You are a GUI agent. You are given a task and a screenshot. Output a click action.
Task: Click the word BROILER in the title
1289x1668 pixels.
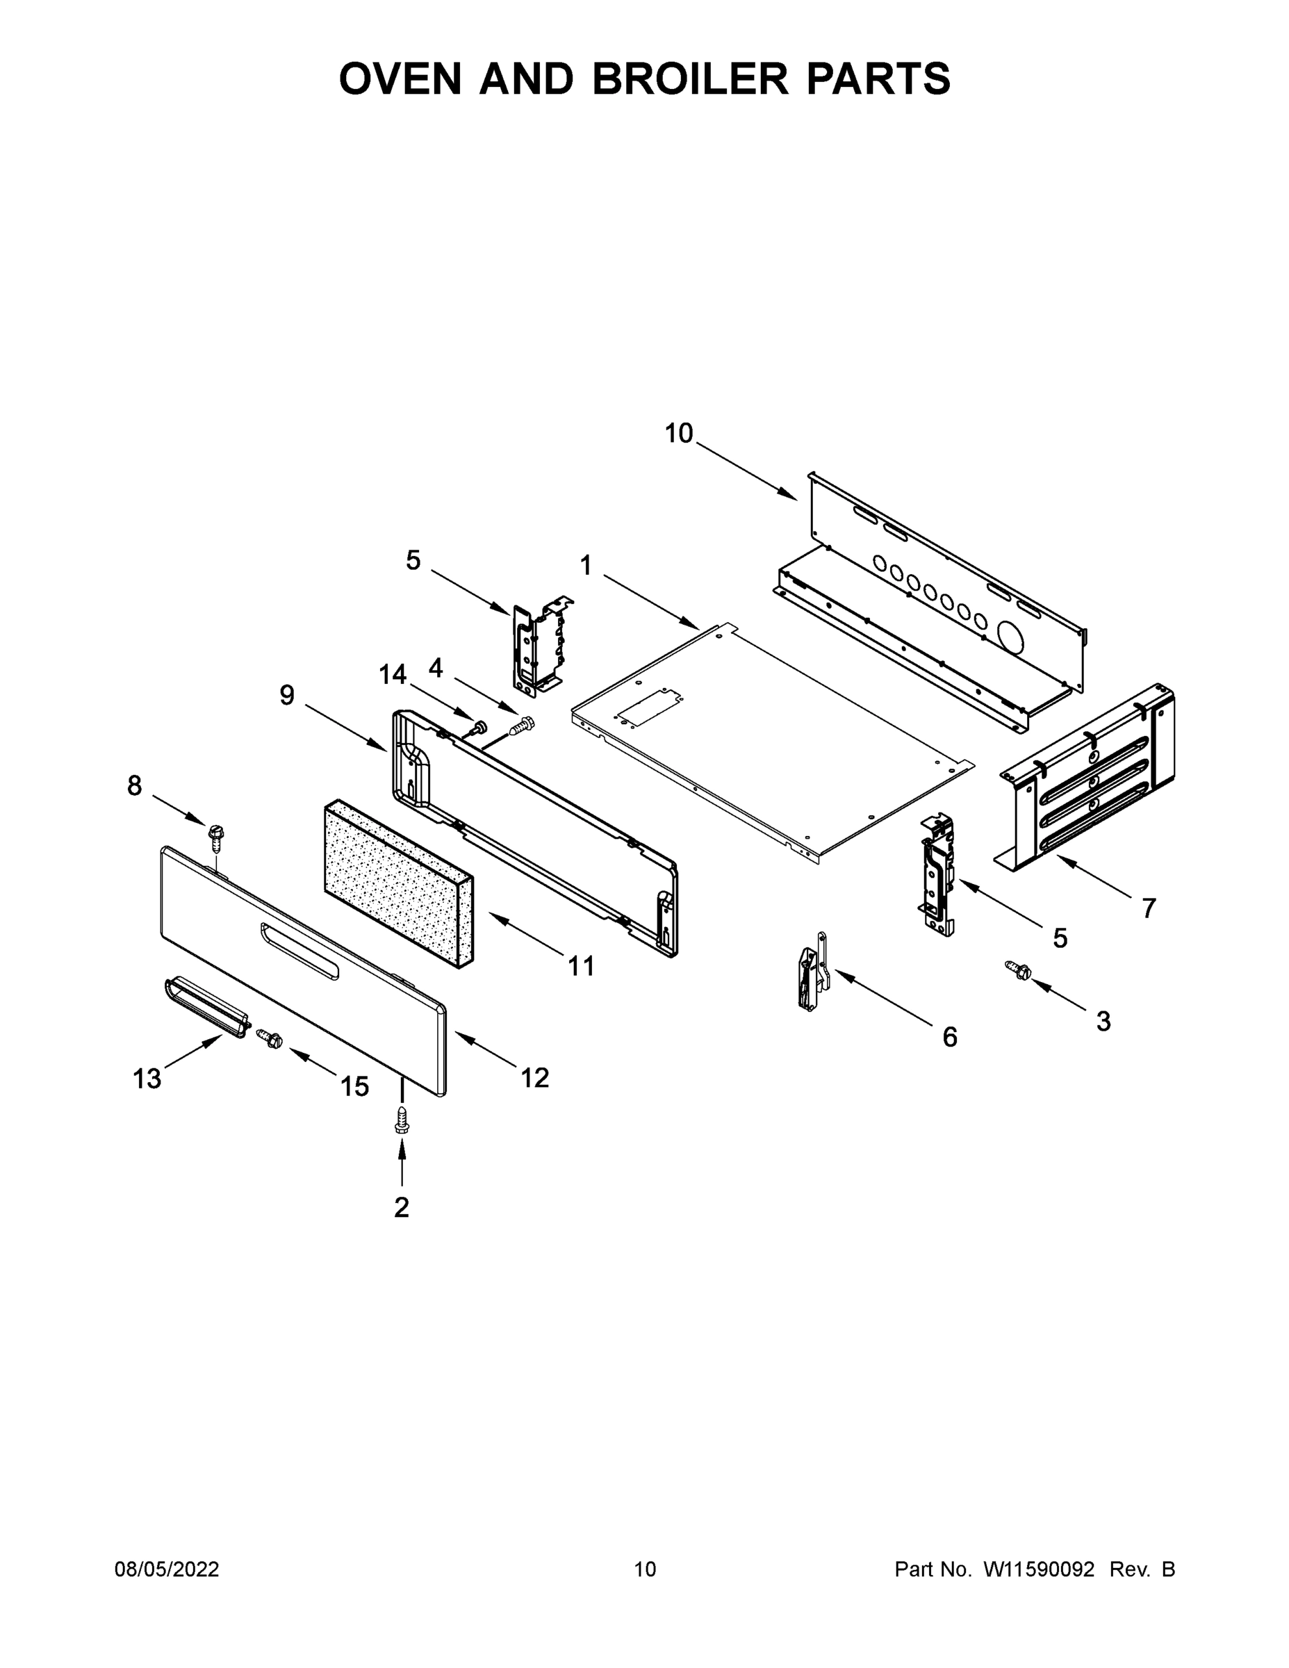click(x=689, y=78)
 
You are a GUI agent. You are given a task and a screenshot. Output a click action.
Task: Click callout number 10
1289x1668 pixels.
click(x=678, y=433)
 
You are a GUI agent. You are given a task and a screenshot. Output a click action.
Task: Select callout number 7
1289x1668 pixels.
click(x=1149, y=908)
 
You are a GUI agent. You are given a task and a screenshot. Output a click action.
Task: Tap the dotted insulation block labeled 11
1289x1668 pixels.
click(x=397, y=881)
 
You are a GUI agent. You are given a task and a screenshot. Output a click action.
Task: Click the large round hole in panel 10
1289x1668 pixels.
click(x=1014, y=635)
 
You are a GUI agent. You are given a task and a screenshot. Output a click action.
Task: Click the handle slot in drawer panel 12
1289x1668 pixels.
click(x=299, y=950)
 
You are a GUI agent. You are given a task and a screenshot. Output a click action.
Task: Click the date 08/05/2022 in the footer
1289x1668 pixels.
click(x=167, y=1569)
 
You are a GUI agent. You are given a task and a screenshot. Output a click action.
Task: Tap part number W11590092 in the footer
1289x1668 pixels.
click(x=1039, y=1569)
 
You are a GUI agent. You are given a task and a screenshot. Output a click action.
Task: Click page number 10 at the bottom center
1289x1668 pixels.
click(x=645, y=1569)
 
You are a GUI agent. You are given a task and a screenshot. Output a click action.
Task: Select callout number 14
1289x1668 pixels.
click(x=393, y=674)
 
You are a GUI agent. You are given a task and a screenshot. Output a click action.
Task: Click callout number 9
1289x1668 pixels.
click(x=286, y=695)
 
